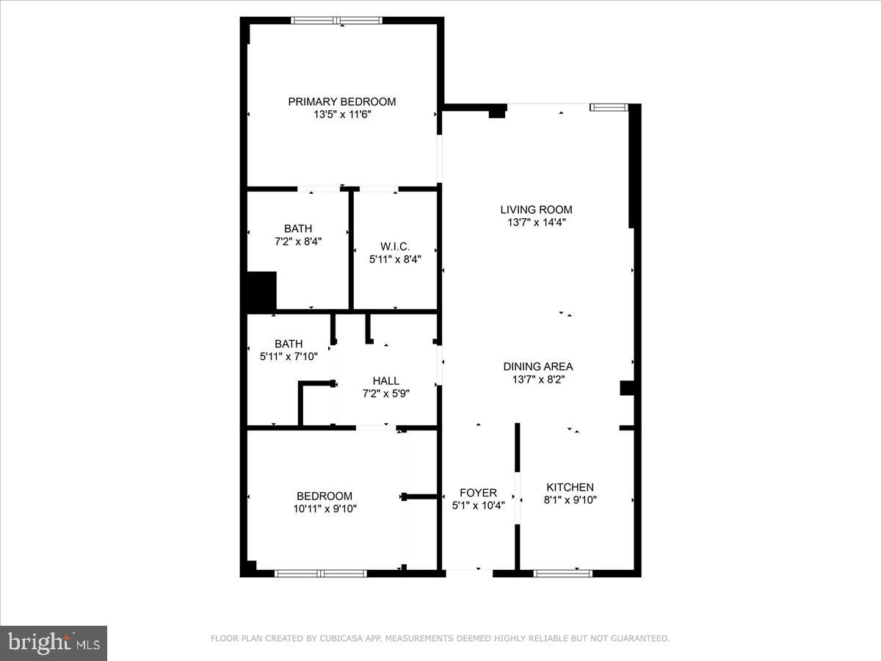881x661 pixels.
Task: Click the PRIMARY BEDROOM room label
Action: pyautogui.click(x=341, y=102)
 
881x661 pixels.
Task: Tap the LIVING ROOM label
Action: pyautogui.click(x=536, y=209)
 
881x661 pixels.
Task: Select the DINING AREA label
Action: pyautogui.click(x=538, y=366)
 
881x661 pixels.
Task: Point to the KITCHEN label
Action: pyautogui.click(x=570, y=487)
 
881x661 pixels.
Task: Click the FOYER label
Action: pyautogui.click(x=478, y=492)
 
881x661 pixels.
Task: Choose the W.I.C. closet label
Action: pyautogui.click(x=395, y=246)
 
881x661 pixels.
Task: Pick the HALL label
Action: pyautogui.click(x=385, y=380)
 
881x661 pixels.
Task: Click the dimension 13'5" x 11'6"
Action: pyautogui.click(x=341, y=115)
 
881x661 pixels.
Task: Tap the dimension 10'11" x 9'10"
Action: pyautogui.click(x=324, y=508)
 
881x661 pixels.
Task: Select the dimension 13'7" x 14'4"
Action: pyautogui.click(x=536, y=222)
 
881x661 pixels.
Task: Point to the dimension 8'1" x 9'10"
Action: pyautogui.click(x=570, y=500)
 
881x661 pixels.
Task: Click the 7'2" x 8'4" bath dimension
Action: pyautogui.click(x=297, y=241)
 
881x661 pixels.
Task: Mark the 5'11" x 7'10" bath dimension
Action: pyautogui.click(x=289, y=356)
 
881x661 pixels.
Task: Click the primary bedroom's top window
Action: pyautogui.click(x=337, y=21)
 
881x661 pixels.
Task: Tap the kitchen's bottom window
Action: pyautogui.click(x=563, y=573)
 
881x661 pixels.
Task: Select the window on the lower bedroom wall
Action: pyautogui.click(x=321, y=573)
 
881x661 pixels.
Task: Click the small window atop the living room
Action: pyautogui.click(x=609, y=108)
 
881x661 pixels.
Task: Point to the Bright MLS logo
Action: pyautogui.click(x=54, y=643)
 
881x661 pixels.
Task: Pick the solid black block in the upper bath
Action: pyautogui.click(x=261, y=291)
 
